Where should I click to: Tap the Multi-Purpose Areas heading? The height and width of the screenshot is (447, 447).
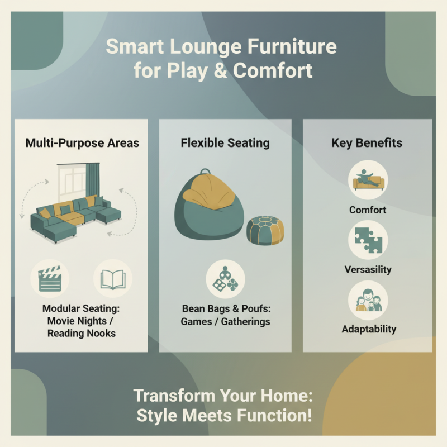click(x=82, y=143)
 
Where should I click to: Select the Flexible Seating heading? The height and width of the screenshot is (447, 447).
click(x=225, y=143)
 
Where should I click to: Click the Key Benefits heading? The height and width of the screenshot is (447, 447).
click(x=367, y=143)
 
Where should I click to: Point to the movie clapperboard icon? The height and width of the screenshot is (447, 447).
click(x=49, y=278)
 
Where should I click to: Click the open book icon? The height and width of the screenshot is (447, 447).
click(x=113, y=278)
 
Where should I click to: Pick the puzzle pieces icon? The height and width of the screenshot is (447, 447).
click(x=368, y=240)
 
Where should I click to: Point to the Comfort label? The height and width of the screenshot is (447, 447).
click(x=368, y=210)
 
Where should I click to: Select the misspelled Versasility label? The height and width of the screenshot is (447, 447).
click(x=368, y=269)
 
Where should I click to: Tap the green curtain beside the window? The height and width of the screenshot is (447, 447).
click(x=92, y=179)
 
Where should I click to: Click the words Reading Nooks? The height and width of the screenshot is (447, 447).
click(x=82, y=333)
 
